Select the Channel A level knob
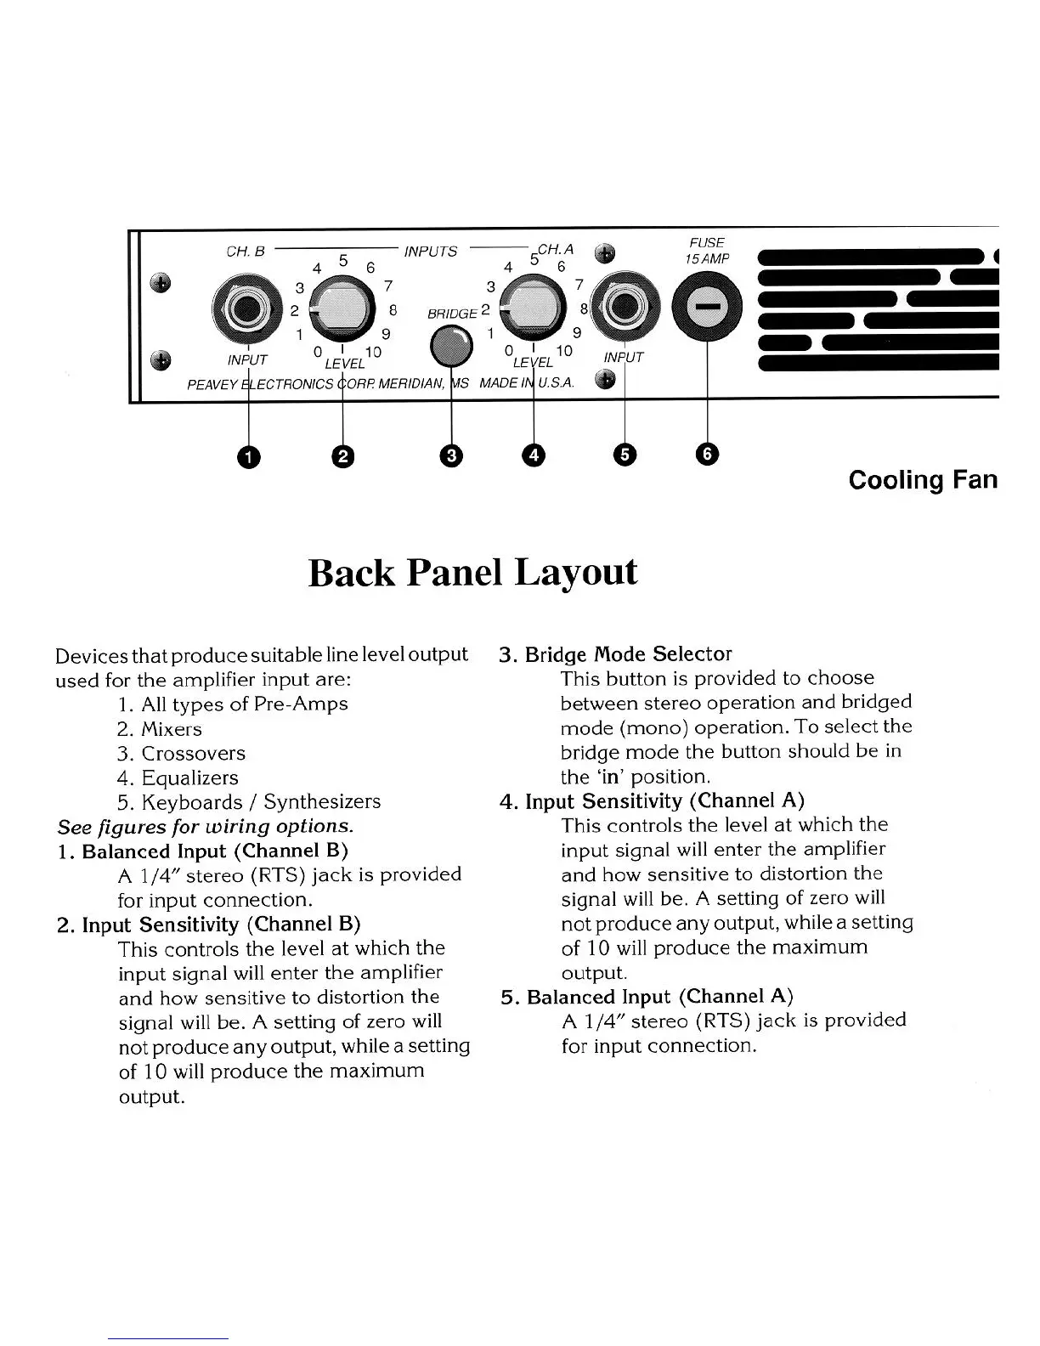pyautogui.click(x=533, y=309)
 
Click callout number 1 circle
pyautogui.click(x=248, y=456)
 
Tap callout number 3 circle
pyautogui.click(x=451, y=456)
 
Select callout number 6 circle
pyautogui.click(x=707, y=455)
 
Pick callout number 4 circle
pyautogui.click(x=533, y=456)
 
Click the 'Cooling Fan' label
pyautogui.click(x=923, y=480)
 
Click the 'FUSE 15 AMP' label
pyautogui.click(x=708, y=251)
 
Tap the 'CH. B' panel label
pyautogui.click(x=246, y=252)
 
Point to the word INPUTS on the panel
pyautogui.click(x=431, y=252)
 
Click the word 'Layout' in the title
pyautogui.click(x=576, y=572)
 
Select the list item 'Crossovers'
pyautogui.click(x=193, y=754)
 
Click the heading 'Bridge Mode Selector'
pyautogui.click(x=627, y=654)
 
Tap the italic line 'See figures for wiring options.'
pyautogui.click(x=205, y=826)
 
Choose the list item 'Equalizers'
pyautogui.click(x=189, y=778)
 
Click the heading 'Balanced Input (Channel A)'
pyautogui.click(x=659, y=997)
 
